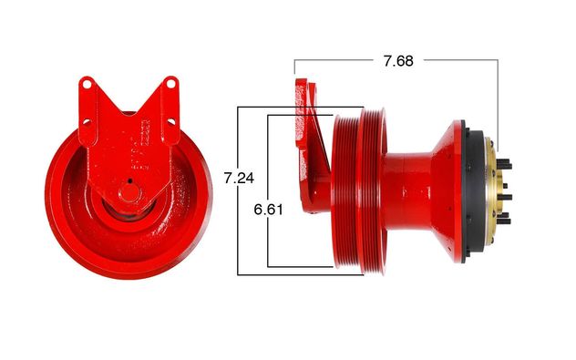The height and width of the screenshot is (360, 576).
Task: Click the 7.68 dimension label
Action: pos(398,61)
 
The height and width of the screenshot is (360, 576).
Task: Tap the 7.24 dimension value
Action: pos(239,178)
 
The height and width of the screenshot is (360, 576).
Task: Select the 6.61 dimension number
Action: pos(269,210)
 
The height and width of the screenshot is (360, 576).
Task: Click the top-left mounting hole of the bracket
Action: pos(87,84)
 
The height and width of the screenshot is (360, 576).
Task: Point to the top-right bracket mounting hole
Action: pos(170,83)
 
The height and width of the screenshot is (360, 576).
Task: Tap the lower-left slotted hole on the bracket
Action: pos(87,121)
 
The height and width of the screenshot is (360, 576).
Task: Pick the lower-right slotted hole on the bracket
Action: pos(171,120)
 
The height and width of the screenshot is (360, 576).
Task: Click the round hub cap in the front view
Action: pos(129,193)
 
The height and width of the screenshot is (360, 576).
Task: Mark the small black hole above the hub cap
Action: pos(129,180)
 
